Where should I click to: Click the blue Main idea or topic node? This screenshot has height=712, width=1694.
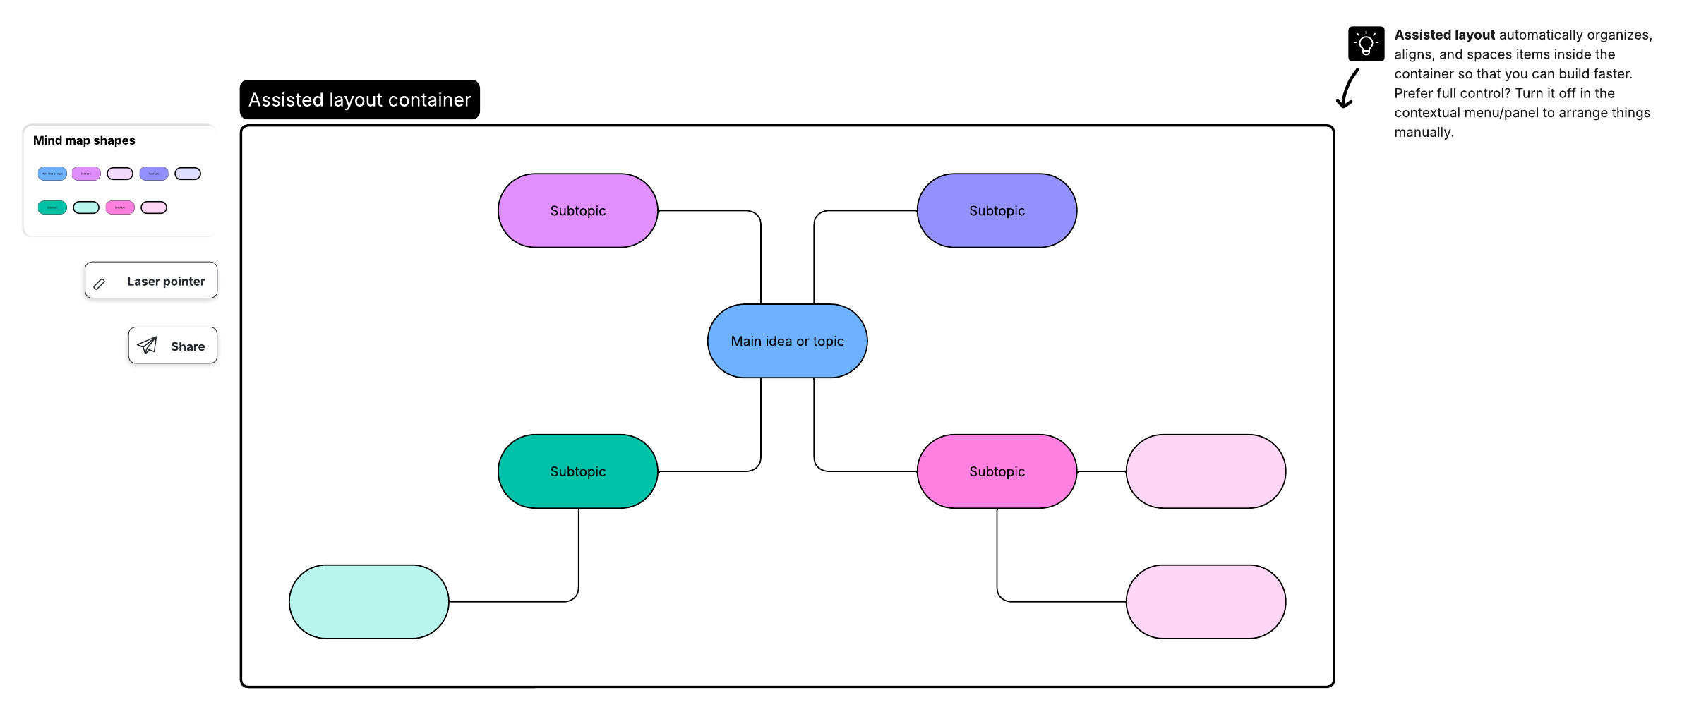[x=787, y=341]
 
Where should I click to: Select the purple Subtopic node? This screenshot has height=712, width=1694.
[x=577, y=210]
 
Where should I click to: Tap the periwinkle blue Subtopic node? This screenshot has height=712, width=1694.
[x=997, y=210]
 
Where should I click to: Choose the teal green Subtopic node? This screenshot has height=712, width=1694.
[x=577, y=471]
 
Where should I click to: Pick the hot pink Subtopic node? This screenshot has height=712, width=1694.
[x=997, y=471]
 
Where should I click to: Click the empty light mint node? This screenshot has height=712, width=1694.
[x=368, y=602]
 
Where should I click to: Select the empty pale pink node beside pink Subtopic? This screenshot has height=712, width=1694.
[x=1206, y=471]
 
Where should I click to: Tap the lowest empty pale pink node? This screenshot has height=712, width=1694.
[x=1206, y=602]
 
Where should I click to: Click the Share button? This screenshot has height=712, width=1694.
[x=173, y=346]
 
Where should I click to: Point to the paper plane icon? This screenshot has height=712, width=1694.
[x=148, y=345]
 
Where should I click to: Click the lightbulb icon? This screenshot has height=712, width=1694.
[x=1366, y=44]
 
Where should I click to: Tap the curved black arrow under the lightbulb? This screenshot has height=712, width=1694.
[x=1347, y=89]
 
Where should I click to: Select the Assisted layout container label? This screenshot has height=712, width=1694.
[x=359, y=99]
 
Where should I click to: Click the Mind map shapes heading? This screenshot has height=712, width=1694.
[x=84, y=140]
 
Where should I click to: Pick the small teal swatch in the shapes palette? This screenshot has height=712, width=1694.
[x=52, y=207]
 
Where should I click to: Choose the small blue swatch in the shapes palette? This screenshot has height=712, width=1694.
[x=52, y=174]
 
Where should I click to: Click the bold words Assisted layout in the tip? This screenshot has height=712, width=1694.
[x=1444, y=35]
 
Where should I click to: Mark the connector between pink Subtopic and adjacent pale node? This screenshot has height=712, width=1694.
[x=1101, y=471]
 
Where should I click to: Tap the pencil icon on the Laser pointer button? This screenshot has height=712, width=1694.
[x=100, y=284]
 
